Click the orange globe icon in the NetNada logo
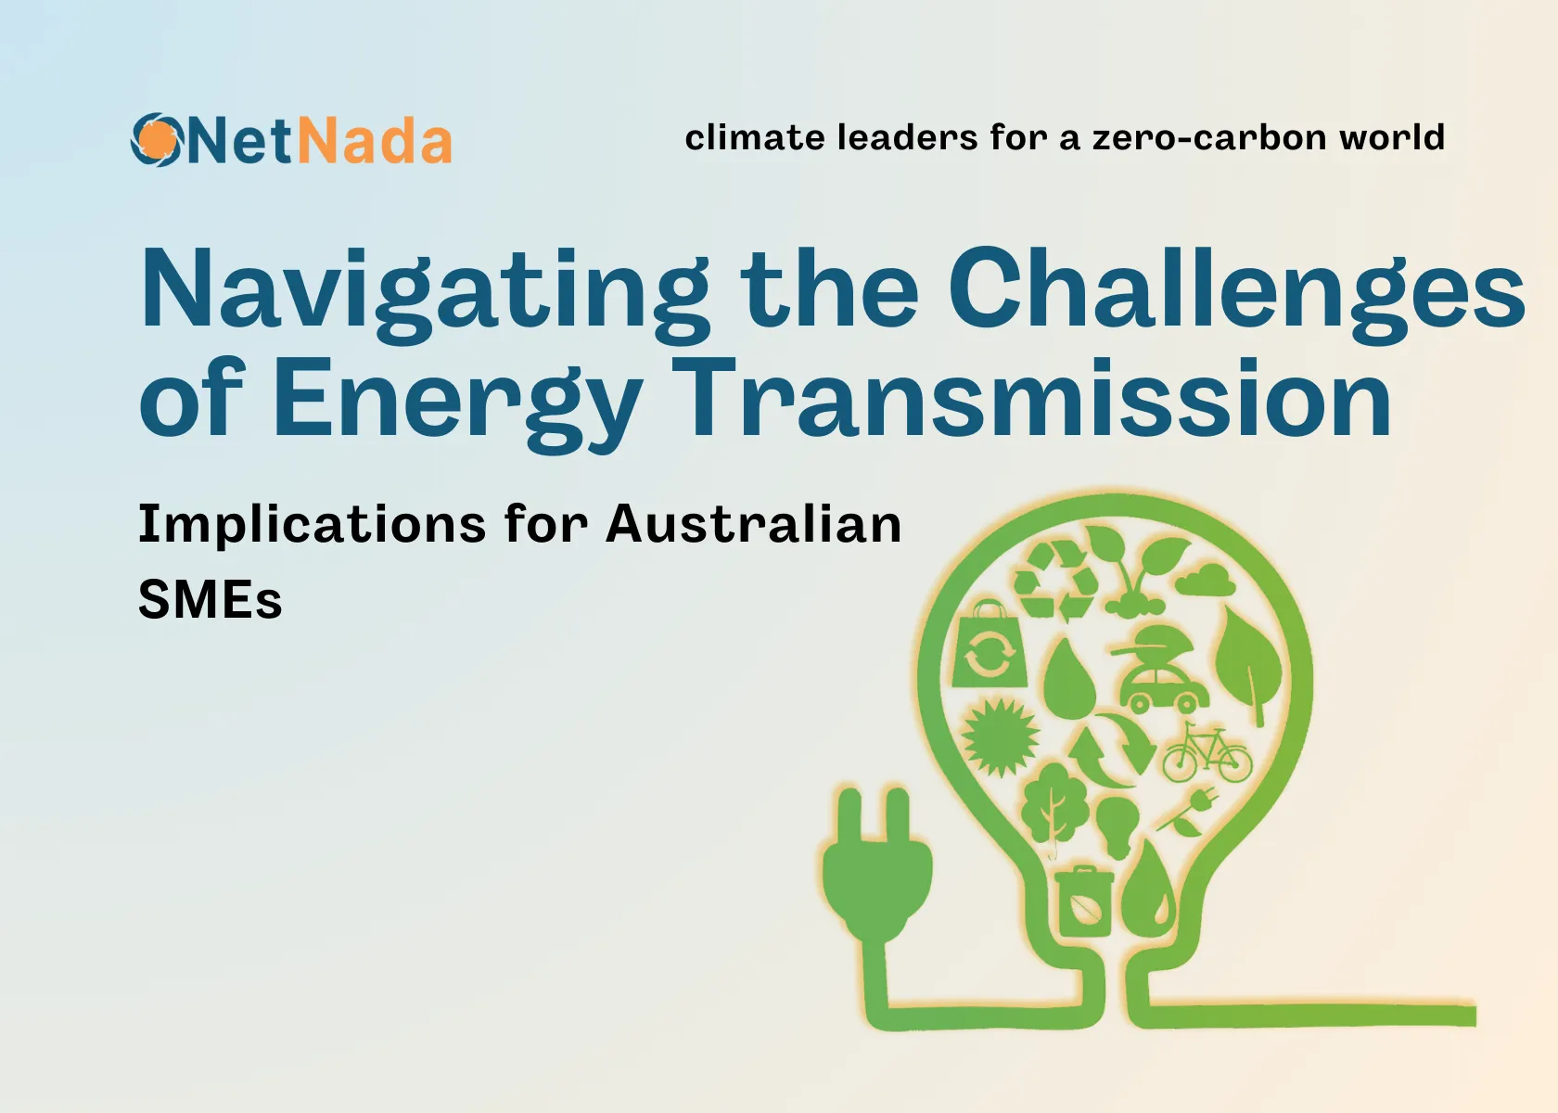click(156, 140)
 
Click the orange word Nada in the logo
click(375, 142)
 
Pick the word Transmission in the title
click(1031, 399)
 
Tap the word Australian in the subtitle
click(753, 524)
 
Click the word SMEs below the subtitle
click(210, 599)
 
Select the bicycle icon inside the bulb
click(1207, 753)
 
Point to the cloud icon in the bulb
click(1207, 580)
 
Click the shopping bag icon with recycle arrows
click(989, 646)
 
